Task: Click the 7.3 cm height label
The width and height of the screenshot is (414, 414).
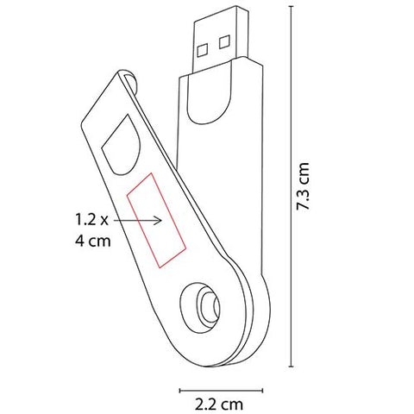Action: tap(303, 186)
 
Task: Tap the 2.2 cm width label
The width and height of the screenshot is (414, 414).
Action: tap(219, 405)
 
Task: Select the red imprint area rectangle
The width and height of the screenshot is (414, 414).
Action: tap(156, 221)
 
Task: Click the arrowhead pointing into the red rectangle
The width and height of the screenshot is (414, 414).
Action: tap(158, 221)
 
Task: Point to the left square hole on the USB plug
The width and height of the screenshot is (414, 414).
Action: tap(203, 50)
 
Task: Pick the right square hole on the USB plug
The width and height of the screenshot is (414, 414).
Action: tap(224, 42)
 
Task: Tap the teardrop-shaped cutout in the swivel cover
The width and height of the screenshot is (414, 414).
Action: tap(122, 146)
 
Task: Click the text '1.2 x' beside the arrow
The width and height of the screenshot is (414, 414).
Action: tap(91, 220)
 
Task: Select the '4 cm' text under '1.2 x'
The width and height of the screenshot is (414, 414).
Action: tap(93, 241)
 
